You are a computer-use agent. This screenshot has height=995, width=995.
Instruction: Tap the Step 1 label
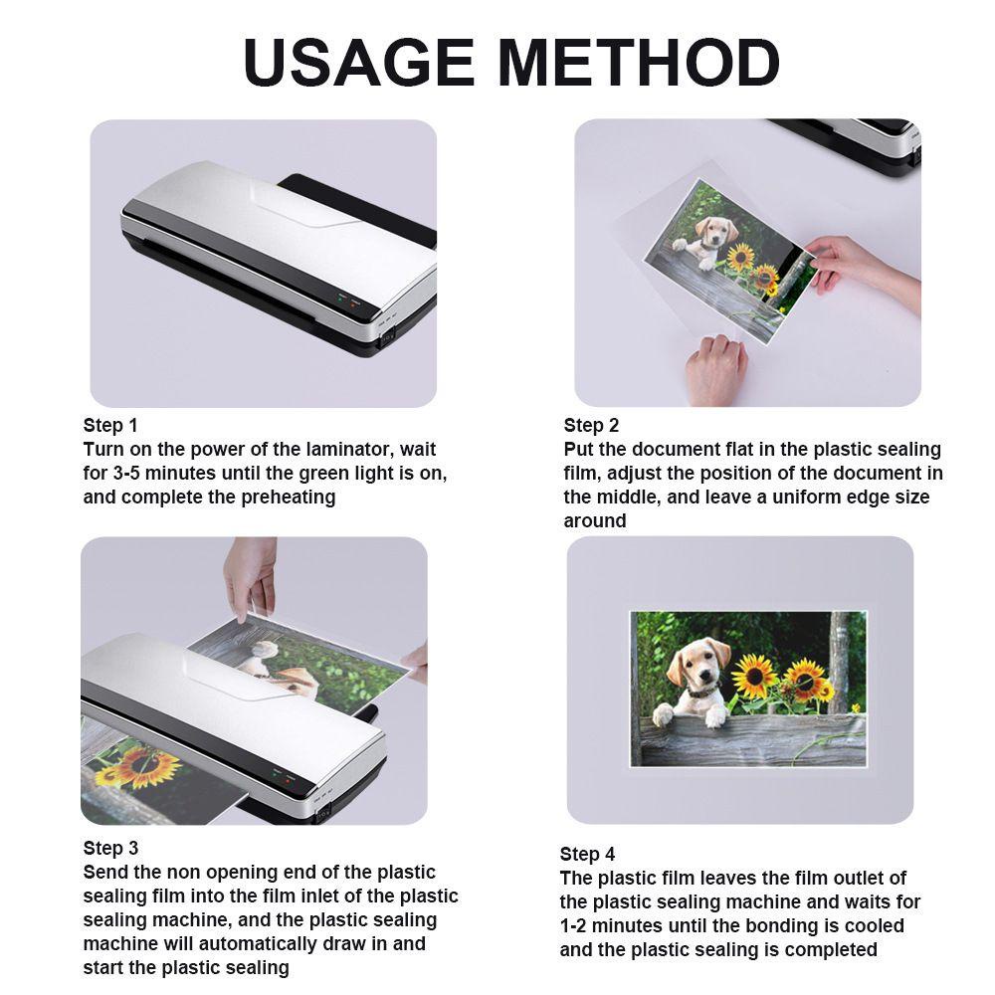point(110,426)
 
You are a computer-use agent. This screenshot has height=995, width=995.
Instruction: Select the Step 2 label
point(591,426)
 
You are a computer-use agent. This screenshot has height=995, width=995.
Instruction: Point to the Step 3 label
point(110,848)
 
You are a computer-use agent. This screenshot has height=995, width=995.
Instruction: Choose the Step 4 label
point(587,854)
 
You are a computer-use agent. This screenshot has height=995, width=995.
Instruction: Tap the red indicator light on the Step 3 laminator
point(287,781)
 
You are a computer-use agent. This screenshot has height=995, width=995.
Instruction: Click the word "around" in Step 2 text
point(595,521)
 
